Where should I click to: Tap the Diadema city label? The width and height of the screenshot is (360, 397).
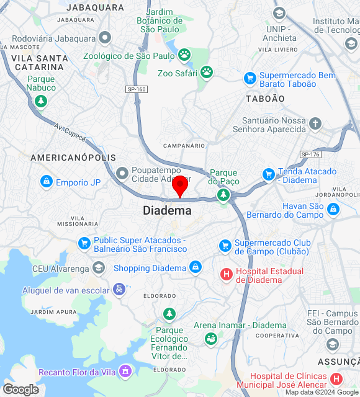coord(167,210)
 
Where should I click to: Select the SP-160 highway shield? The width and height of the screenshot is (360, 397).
coord(137,89)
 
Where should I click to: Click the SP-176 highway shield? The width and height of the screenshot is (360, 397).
coord(310,154)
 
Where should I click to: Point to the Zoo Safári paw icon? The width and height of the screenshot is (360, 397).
coord(206,73)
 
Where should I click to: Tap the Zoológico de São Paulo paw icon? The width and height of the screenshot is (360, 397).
coord(184,56)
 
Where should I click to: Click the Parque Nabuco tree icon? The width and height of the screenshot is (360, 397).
coord(41,100)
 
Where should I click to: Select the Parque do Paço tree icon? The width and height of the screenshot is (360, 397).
coord(223,195)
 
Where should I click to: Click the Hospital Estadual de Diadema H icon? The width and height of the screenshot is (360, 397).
coord(227,273)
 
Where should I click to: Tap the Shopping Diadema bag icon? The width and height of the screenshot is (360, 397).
coord(196,267)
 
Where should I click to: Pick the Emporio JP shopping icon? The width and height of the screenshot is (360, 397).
coord(46,182)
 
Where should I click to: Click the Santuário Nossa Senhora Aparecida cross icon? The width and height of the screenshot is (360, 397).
coord(315,123)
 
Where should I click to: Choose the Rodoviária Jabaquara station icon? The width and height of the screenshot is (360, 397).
coord(105,37)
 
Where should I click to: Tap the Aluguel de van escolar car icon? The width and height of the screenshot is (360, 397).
coord(119,290)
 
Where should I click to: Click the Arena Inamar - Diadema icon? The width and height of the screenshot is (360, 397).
coord(211,338)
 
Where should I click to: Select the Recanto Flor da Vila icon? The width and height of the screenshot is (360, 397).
coord(126,372)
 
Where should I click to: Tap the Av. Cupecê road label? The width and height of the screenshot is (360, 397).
coord(69,131)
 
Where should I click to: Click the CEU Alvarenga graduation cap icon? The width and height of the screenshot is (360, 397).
coord(98,267)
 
